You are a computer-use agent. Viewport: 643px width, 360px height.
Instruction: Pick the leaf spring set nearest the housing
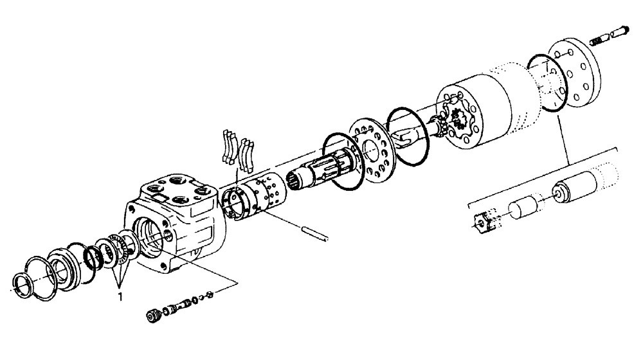coord(230,149)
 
